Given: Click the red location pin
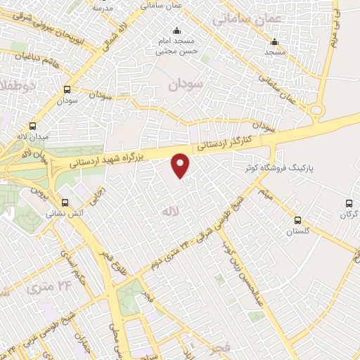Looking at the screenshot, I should click(x=181, y=165).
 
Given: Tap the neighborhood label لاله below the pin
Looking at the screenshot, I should click(x=167, y=211).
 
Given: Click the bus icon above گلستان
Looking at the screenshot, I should click(x=297, y=220).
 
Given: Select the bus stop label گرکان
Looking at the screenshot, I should click(x=349, y=214).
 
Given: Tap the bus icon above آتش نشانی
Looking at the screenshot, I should click(x=65, y=201).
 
